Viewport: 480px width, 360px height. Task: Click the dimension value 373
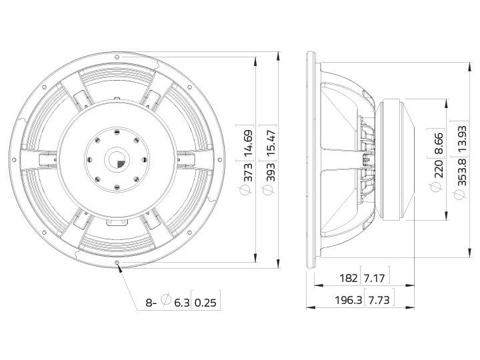pos(247,171)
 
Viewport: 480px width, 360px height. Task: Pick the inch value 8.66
pos(437,143)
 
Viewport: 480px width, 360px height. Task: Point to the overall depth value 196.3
pos(347,301)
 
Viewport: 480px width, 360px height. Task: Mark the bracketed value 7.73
pos(379,301)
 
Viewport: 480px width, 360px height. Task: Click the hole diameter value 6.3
pos(181,303)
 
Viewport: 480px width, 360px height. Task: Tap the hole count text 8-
pos(152,303)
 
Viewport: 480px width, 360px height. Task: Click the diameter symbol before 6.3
pos(167,303)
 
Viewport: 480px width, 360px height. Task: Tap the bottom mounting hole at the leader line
pos(118,263)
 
